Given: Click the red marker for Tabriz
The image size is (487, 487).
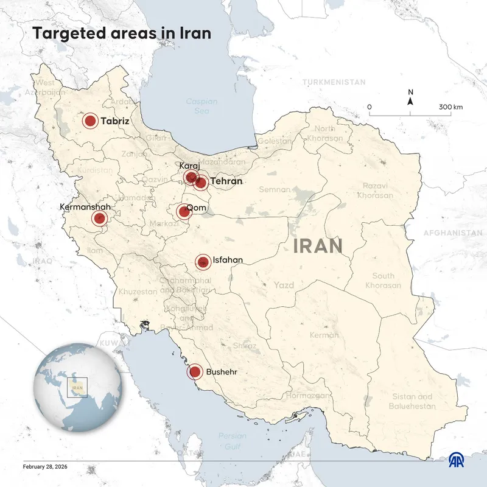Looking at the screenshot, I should [x=90, y=121].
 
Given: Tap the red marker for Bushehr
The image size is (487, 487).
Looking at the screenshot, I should [x=195, y=371].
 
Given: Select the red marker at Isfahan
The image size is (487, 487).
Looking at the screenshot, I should [x=203, y=262].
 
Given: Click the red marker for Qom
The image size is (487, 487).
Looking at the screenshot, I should [x=183, y=212].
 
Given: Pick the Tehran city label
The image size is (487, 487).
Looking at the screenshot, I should [x=226, y=181].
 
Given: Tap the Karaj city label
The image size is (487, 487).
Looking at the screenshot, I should [x=189, y=166].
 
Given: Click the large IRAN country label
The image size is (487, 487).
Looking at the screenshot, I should [x=317, y=247].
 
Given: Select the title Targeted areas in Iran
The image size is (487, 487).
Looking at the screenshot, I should [x=122, y=33].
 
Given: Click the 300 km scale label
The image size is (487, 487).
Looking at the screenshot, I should [x=450, y=107].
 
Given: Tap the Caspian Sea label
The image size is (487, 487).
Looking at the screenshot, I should [x=201, y=107].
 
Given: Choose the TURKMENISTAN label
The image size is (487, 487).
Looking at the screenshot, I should [x=334, y=82].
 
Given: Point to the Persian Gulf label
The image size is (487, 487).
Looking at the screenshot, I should [x=233, y=440].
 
